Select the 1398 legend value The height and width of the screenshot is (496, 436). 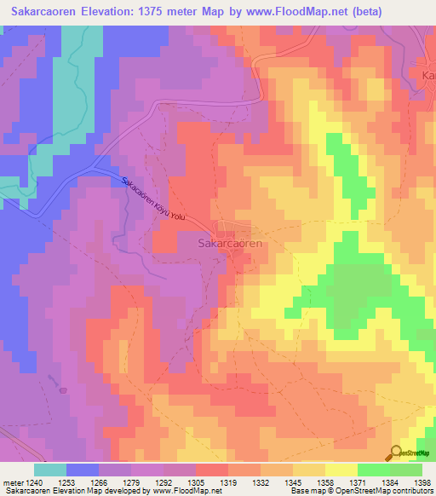coord(422,482)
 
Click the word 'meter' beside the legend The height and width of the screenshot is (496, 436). coord(13,482)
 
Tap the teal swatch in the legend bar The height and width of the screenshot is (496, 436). coord(50,470)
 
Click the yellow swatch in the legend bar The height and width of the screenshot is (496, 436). coord(341,470)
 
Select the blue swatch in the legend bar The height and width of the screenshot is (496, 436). coord(83,470)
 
